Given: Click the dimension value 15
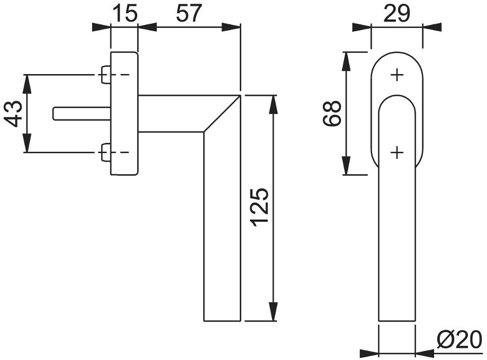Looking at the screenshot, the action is pyautogui.click(x=124, y=13).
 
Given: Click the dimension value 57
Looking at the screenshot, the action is pyautogui.click(x=189, y=13).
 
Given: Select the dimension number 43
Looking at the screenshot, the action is pyautogui.click(x=13, y=114).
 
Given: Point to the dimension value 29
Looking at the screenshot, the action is pyautogui.click(x=397, y=13).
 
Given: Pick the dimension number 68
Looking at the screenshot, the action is pyautogui.click(x=332, y=113).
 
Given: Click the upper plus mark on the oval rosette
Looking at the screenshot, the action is pyautogui.click(x=397, y=75).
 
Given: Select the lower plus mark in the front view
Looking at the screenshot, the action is pyautogui.click(x=397, y=152).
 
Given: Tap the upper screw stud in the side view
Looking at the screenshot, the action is pyautogui.click(x=106, y=75).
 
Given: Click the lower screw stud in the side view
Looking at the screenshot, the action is pyautogui.click(x=106, y=152).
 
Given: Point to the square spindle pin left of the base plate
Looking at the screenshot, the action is pyautogui.click(x=82, y=113).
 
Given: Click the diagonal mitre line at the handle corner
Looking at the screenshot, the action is pyautogui.click(x=222, y=114).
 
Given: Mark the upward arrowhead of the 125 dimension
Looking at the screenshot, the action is pyautogui.click(x=273, y=105).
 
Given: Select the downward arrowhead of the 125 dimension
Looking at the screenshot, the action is pyautogui.click(x=273, y=311).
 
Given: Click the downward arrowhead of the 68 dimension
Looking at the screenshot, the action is pyautogui.click(x=346, y=166).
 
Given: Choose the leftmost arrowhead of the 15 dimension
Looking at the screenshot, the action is pyautogui.click(x=102, y=28).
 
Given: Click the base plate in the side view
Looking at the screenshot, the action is pyautogui.click(x=124, y=113).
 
